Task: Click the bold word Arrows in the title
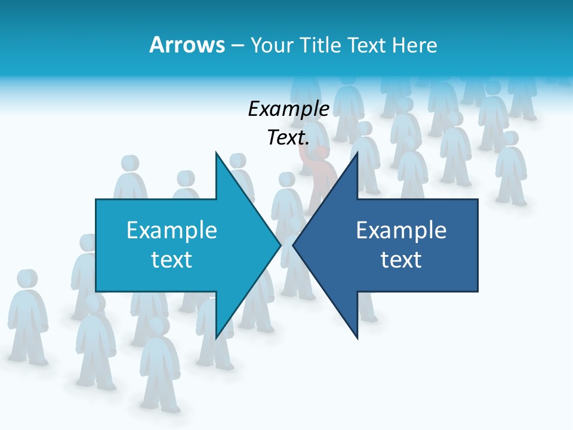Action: [x=187, y=45]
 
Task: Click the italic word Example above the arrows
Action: [x=288, y=109]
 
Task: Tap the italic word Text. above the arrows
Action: [x=288, y=137]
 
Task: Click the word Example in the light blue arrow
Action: [x=172, y=230]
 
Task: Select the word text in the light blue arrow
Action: [x=172, y=260]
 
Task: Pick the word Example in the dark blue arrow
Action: [x=401, y=230]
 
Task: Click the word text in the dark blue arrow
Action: [x=401, y=260]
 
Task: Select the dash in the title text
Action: [x=237, y=45]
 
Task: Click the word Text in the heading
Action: [x=366, y=45]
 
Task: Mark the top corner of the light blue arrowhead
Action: [x=216, y=153]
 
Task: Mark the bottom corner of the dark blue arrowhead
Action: [x=357, y=338]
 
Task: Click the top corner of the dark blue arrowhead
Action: [x=357, y=153]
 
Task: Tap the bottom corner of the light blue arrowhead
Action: [x=216, y=338]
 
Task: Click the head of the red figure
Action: [x=321, y=153]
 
